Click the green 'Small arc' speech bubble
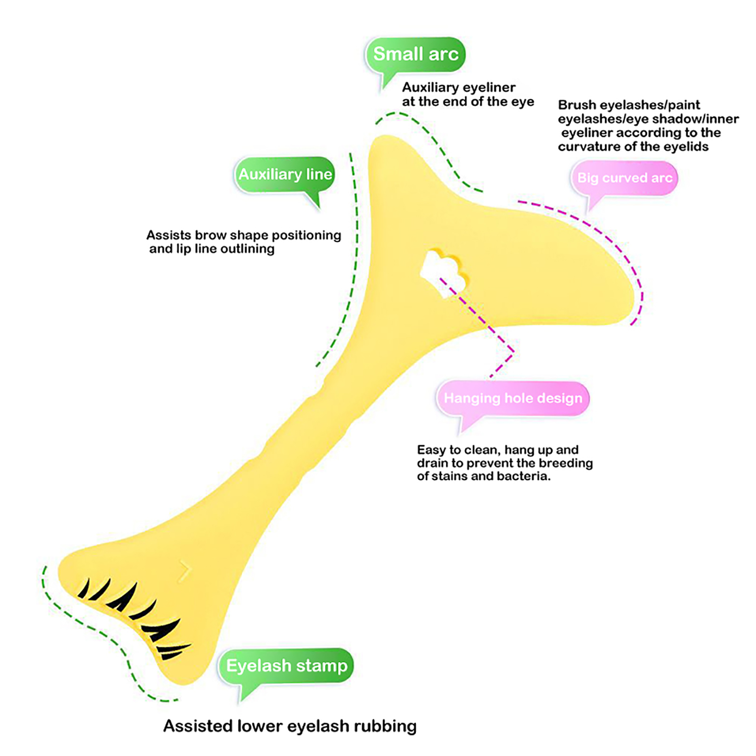(x=415, y=54)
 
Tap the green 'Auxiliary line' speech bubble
(x=285, y=174)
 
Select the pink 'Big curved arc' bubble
(x=624, y=178)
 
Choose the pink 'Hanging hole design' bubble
(x=513, y=398)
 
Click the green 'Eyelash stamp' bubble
(x=286, y=666)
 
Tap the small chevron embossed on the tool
(x=185, y=572)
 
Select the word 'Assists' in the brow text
(x=169, y=235)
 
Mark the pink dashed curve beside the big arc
(x=614, y=246)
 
